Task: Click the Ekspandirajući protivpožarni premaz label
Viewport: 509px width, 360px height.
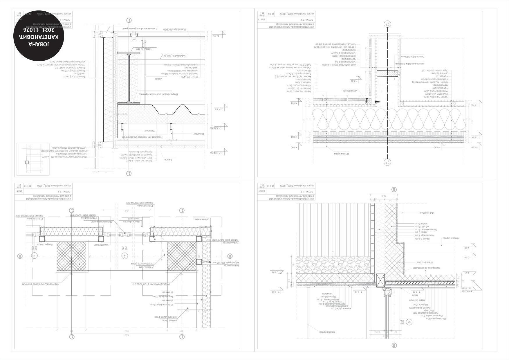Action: click(x=158, y=94)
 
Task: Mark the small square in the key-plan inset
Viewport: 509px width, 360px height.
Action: click(x=27, y=162)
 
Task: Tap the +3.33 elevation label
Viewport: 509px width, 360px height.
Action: click(x=353, y=81)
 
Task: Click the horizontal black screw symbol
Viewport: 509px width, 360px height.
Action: click(x=377, y=102)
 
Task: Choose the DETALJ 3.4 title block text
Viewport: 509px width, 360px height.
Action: click(x=306, y=19)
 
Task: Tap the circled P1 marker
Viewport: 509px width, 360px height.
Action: click(x=124, y=256)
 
